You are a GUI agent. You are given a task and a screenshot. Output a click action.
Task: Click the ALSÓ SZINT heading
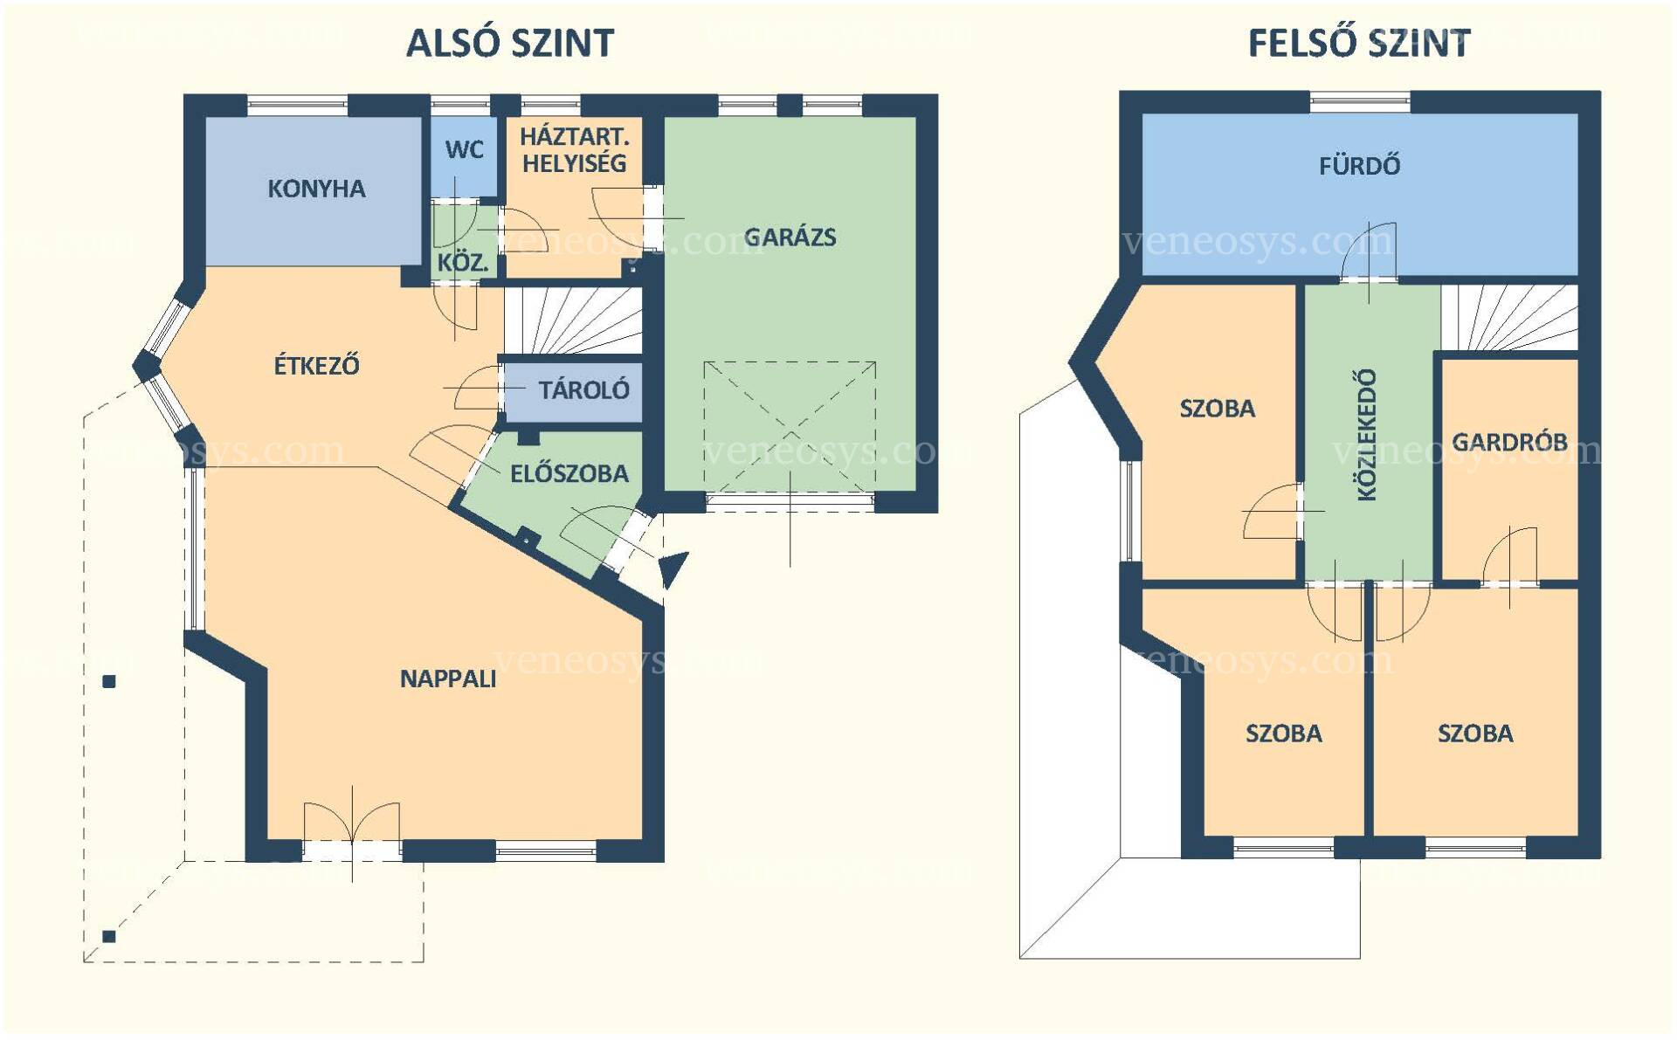coord(510,42)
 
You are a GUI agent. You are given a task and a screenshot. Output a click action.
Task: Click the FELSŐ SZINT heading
coord(1359,42)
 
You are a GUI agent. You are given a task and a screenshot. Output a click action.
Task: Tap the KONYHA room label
coord(316,189)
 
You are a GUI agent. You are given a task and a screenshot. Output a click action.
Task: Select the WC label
coord(464,149)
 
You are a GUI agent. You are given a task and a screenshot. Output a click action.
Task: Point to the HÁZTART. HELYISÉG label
coord(575,149)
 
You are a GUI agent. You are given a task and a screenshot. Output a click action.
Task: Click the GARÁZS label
coord(790,237)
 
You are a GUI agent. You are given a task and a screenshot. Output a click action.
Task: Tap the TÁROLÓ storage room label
coord(583,389)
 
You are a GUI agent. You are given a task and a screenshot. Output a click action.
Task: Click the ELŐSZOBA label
coord(569,473)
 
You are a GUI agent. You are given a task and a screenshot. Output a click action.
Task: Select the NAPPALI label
coord(448,678)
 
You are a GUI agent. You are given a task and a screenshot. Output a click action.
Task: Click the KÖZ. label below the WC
coord(463,262)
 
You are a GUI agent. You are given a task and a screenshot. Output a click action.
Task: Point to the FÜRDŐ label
coord(1359,165)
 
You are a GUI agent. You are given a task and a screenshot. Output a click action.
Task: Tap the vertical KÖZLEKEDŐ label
coord(1367,434)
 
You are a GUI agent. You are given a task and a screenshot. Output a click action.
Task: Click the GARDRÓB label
coord(1509,442)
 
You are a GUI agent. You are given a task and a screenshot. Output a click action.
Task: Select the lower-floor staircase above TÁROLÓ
coord(573,320)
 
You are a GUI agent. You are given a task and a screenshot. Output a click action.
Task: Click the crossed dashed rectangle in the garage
coord(790,427)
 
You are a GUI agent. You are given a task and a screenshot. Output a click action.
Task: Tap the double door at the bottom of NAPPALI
coord(352,821)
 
